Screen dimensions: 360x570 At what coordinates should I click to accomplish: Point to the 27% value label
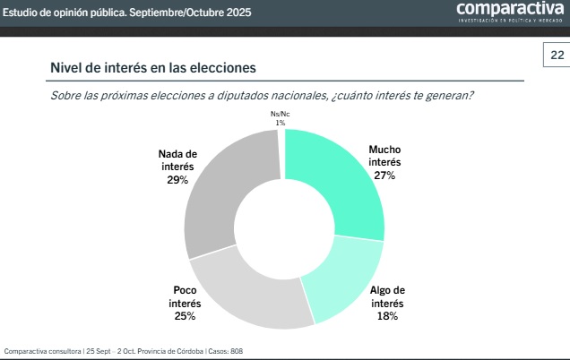384,175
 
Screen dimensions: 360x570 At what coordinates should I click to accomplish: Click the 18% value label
387,316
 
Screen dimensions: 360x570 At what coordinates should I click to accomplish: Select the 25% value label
186,316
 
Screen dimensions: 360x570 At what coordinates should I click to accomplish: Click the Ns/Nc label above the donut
281,114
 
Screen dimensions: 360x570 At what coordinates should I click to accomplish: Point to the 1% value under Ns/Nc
281,122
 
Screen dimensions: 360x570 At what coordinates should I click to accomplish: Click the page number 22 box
557,56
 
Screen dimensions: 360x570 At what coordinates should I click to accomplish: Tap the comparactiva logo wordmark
509,9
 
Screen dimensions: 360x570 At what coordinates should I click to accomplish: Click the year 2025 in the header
238,13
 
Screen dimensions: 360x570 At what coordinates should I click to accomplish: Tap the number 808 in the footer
237,351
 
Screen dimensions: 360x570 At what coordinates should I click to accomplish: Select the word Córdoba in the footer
185,351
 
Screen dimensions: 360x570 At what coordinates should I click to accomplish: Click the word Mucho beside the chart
385,150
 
